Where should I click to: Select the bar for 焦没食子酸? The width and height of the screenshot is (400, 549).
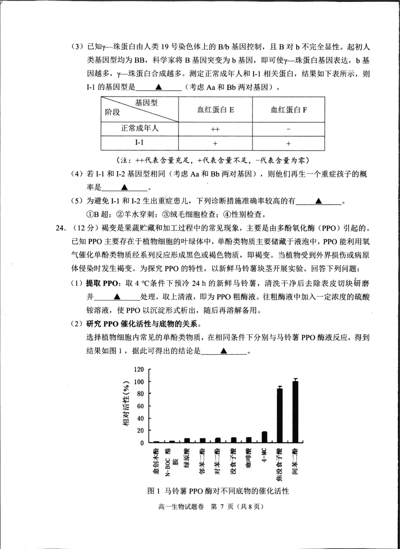279,415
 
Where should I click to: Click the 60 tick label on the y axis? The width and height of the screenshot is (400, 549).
140,406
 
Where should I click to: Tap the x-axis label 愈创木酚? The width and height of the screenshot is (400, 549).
156,461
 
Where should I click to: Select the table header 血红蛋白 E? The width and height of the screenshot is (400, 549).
215,110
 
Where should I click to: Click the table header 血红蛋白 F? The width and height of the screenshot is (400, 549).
289,110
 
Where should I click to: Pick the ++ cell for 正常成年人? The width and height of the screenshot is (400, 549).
215,129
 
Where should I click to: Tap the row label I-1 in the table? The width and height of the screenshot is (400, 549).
140,143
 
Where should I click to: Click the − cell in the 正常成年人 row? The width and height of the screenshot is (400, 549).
289,129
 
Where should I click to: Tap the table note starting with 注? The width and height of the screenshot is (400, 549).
212,160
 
